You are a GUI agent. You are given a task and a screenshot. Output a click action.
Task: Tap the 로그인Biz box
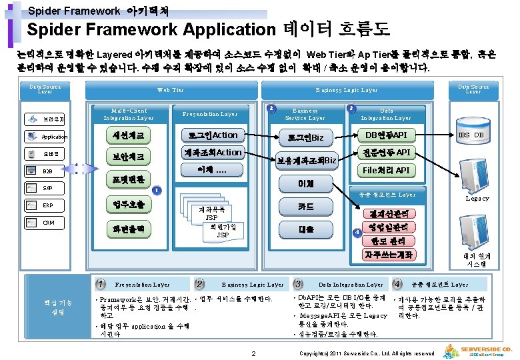click(x=306, y=137)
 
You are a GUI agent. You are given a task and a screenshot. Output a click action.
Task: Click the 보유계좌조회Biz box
click(x=306, y=159)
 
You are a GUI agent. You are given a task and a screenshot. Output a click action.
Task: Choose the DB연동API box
click(x=386, y=135)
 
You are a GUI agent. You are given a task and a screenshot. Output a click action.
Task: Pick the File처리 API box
click(x=386, y=170)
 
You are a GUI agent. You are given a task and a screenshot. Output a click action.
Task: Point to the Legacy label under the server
click(x=477, y=198)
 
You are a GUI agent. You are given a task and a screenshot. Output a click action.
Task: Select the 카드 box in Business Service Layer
click(x=306, y=207)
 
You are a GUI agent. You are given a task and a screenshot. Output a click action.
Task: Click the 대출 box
click(x=306, y=229)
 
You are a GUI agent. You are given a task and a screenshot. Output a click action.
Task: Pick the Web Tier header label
click(x=170, y=90)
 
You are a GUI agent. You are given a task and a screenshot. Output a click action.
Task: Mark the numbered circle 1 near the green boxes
click(x=155, y=190)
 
